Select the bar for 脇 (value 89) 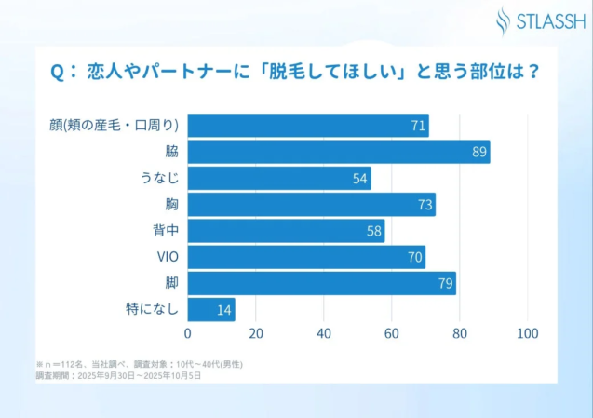tap(339, 152)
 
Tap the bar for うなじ tap(279, 178)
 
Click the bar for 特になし tap(211, 309)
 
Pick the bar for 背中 tap(286, 231)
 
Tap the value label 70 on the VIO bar tap(414, 257)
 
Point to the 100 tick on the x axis tap(528, 333)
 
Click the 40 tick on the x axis tap(324, 333)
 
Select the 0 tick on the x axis tap(188, 333)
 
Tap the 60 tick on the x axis tap(392, 333)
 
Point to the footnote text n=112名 tap(66, 364)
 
